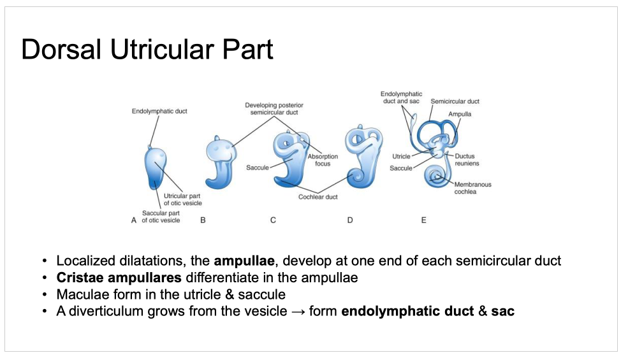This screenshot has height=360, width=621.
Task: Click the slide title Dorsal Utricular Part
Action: click(147, 50)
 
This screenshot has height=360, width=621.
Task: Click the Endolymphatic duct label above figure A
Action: click(159, 112)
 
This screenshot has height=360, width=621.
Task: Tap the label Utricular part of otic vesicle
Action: click(182, 199)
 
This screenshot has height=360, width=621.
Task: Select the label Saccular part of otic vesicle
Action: click(161, 217)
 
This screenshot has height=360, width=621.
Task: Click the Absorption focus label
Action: click(323, 160)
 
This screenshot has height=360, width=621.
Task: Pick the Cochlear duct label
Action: click(318, 198)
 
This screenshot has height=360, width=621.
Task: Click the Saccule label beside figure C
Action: click(257, 168)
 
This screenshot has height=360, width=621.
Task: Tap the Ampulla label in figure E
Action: click(459, 114)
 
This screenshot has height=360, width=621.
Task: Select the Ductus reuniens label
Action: click(467, 160)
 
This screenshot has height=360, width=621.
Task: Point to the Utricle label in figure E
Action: click(401, 156)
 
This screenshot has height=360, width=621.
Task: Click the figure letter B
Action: click(203, 220)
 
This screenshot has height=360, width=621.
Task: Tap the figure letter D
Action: click(349, 220)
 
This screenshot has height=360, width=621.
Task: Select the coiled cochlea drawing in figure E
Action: click(437, 176)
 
